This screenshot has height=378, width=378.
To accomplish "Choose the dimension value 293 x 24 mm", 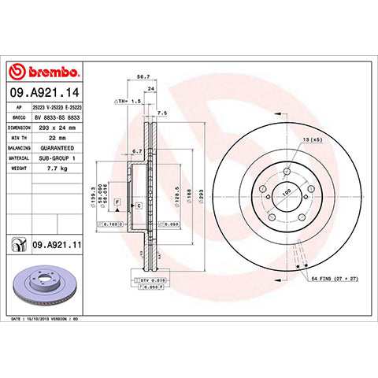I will pyautogui.click(x=58, y=127).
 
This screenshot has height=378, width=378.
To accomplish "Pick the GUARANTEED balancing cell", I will pyautogui.click(x=57, y=147).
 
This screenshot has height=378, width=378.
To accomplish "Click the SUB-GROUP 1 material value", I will pyautogui.click(x=57, y=157).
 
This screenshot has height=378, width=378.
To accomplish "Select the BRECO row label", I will pyautogui.click(x=19, y=117).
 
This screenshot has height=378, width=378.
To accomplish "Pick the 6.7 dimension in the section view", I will pyautogui.click(x=136, y=150).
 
